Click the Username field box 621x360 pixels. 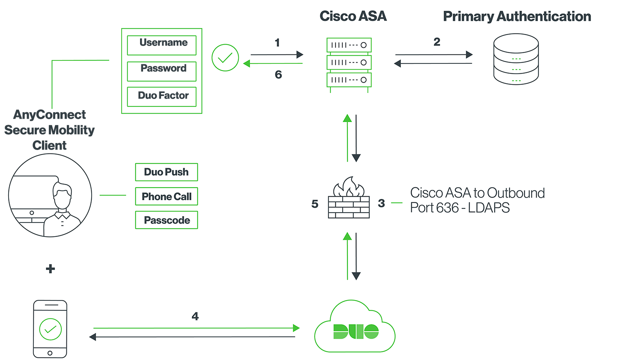tap(162, 45)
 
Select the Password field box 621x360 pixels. tap(162, 71)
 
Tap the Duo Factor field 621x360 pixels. tap(162, 96)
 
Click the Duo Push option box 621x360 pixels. tap(166, 172)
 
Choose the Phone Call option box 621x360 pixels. tap(166, 197)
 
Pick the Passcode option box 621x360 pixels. tap(166, 220)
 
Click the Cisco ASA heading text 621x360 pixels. tap(353, 16)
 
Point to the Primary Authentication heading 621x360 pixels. tap(517, 16)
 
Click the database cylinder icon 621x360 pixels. tap(516, 59)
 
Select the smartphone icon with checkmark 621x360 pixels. tap(50, 329)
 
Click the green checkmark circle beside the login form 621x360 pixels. tap(225, 58)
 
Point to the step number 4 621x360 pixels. tap(195, 316)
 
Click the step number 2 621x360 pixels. tap(436, 42)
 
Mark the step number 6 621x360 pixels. tap(278, 75)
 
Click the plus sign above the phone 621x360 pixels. tap(50, 269)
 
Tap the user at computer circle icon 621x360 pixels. tap(50, 196)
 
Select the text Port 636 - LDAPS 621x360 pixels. tap(460, 208)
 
